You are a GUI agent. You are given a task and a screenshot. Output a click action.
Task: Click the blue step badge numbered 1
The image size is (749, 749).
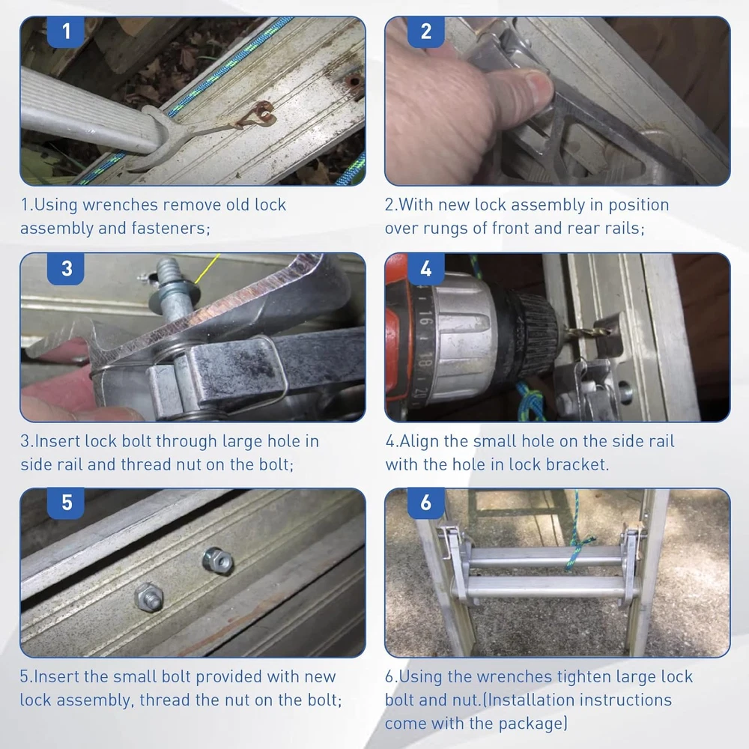tap(66, 31)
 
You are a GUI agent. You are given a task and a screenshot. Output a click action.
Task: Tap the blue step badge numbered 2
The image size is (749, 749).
tap(426, 31)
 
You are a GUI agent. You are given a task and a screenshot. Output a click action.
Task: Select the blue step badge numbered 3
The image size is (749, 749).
tap(66, 268)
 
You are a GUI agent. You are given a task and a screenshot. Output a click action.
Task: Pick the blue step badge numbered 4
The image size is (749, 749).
tap(426, 268)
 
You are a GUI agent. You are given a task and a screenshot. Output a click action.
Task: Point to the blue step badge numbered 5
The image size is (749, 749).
tap(66, 503)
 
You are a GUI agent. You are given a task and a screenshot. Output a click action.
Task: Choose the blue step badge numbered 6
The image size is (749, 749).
tap(426, 503)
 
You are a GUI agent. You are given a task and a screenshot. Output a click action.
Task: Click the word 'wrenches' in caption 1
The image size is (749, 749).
tap(120, 205)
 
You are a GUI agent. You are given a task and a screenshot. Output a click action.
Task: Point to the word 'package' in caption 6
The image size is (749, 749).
tap(531, 724)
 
